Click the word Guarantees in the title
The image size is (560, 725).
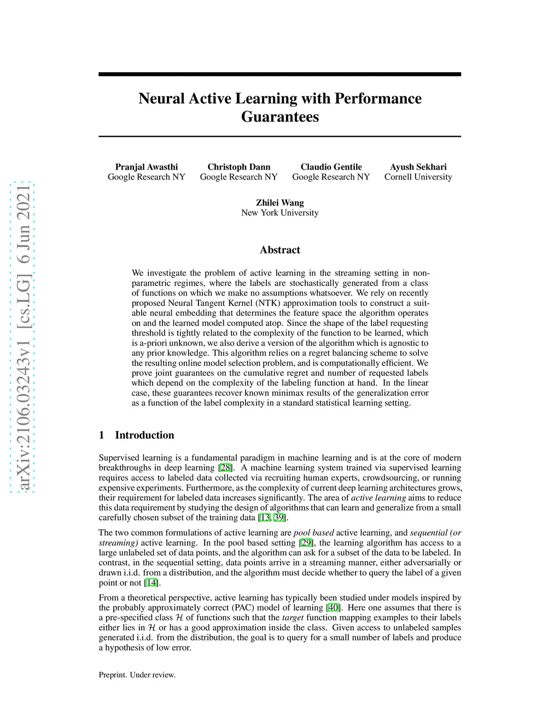(279, 117)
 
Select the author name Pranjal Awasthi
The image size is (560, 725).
(147, 167)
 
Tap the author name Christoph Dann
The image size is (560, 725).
(239, 167)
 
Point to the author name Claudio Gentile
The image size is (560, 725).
(331, 167)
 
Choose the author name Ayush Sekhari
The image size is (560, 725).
(418, 167)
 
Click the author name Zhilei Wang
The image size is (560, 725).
(279, 202)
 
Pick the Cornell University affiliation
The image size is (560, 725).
(418, 177)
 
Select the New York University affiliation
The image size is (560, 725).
(279, 212)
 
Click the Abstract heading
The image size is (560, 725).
(279, 250)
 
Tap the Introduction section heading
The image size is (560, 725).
(144, 435)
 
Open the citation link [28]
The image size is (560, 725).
(225, 468)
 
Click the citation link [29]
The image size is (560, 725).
(306, 543)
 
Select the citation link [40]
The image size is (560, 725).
(333, 607)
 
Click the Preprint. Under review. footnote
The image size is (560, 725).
(137, 675)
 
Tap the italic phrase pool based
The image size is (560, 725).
(313, 532)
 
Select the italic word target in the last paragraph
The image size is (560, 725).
(293, 618)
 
